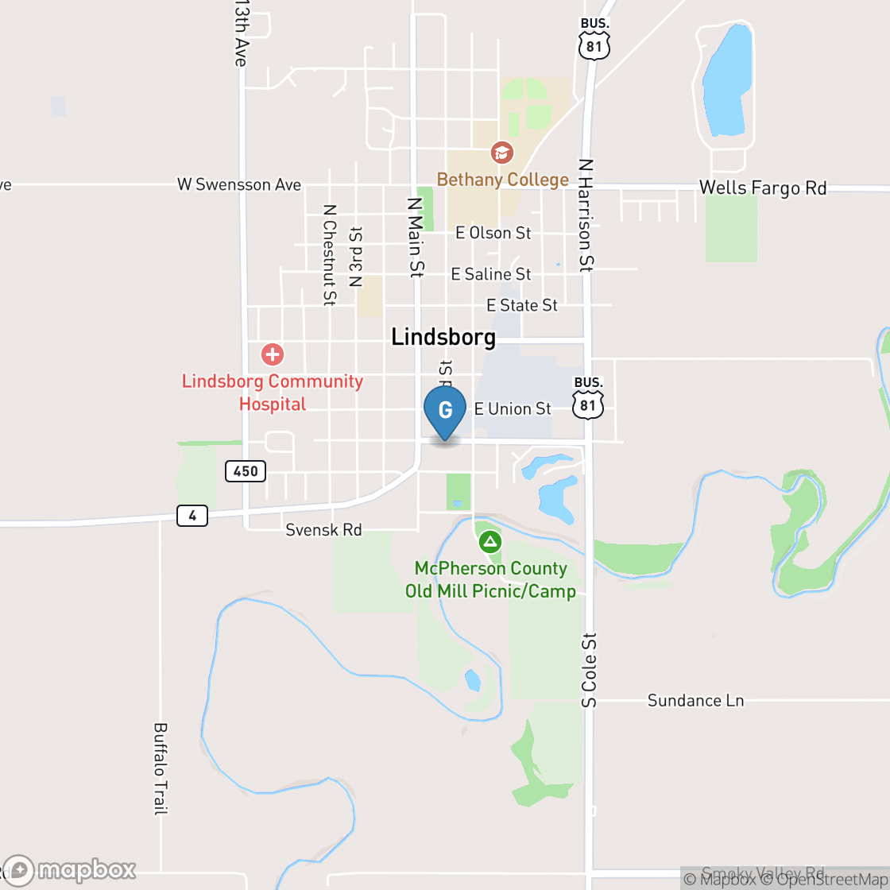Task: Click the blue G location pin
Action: (445, 411)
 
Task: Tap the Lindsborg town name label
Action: (443, 337)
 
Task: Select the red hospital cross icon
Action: (273, 354)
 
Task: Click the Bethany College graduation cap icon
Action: (501, 152)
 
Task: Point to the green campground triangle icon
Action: (490, 543)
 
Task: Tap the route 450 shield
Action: (246, 471)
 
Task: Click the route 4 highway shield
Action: (192, 516)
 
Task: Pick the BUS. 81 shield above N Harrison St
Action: (594, 39)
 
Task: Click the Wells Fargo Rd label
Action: (763, 188)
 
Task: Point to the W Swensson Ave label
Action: (239, 185)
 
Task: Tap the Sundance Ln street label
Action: (695, 700)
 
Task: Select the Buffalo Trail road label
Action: (161, 768)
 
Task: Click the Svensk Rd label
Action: (324, 529)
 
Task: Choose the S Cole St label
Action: (588, 670)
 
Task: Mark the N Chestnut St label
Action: (329, 254)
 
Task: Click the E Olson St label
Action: (493, 233)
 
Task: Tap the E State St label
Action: (522, 305)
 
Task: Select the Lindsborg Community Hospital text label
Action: (273, 393)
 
